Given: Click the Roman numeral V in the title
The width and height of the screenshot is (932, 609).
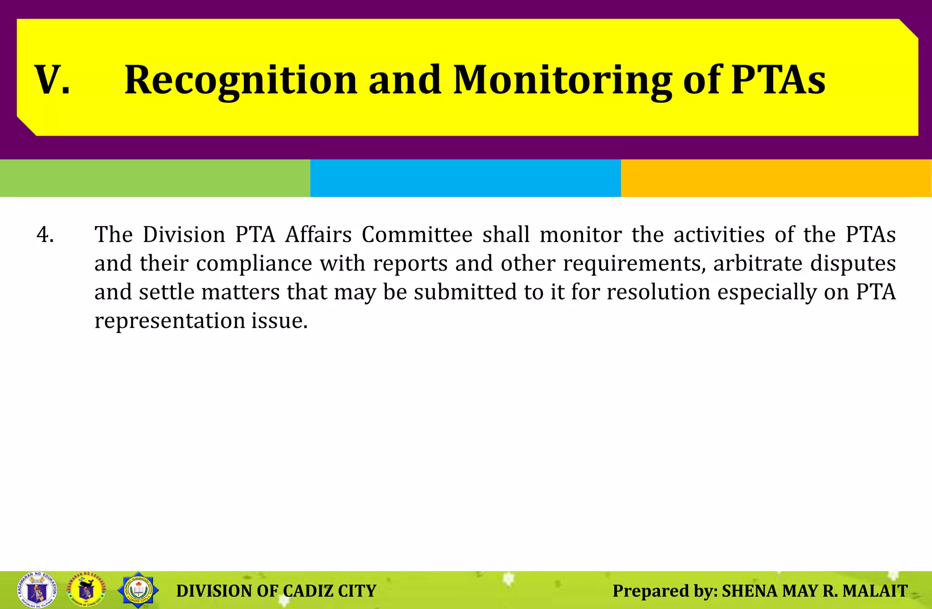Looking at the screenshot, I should click(x=52, y=80).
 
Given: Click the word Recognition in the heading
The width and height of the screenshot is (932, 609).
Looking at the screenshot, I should click(x=241, y=80).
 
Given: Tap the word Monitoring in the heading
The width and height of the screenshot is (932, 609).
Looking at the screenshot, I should click(x=562, y=80).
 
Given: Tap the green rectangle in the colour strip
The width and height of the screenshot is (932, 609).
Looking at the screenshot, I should click(x=155, y=178).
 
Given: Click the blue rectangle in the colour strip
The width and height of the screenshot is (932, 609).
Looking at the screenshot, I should click(x=465, y=178).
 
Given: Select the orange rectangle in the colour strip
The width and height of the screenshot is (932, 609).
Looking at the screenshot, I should click(x=776, y=178).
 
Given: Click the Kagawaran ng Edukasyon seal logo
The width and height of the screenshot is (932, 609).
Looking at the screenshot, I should click(x=37, y=590).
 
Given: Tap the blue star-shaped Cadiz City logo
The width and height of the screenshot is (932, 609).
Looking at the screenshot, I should click(x=138, y=590).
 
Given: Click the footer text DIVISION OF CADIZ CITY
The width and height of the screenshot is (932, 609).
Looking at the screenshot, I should click(x=276, y=591).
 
